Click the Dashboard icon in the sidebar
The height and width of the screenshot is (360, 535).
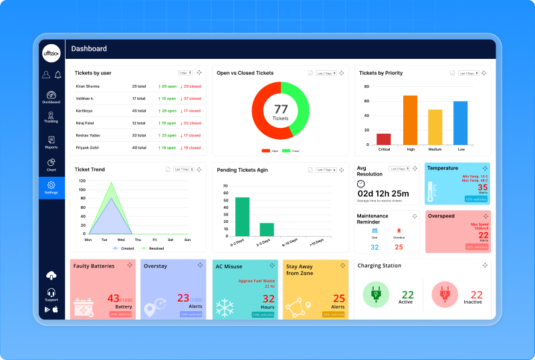pos(51,95)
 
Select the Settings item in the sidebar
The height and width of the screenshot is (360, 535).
pos(51,185)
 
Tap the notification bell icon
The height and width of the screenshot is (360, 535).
pos(58,74)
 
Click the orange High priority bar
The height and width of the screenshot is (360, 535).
pos(410,120)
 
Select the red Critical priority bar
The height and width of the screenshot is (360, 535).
pos(383,139)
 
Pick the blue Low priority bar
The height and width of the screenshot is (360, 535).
pos(460,123)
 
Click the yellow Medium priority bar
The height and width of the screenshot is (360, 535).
pos(435,127)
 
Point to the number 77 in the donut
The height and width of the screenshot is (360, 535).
pos(281,109)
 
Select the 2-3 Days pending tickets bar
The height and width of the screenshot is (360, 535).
pos(267,229)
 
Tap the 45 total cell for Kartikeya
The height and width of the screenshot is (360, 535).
pos(139,111)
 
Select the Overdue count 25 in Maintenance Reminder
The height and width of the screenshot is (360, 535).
pos(399,247)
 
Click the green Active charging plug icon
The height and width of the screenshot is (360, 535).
pos(376,295)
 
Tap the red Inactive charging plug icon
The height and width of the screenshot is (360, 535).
pos(444,295)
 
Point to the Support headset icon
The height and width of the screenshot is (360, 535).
pos(51,292)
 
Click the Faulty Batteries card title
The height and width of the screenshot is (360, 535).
pos(93,266)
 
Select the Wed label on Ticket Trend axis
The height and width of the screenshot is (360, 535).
pos(120,240)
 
